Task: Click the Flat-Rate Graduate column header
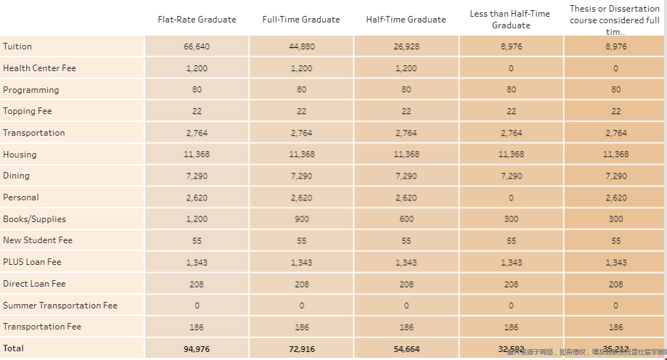pos(197,20)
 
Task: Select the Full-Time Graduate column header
pos(301,20)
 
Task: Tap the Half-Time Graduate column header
pos(406,20)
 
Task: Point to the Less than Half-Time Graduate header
pos(511,20)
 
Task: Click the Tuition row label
pos(17,46)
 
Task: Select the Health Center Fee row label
pos(39,68)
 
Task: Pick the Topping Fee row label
pos(28,111)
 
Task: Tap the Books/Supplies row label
pos(34,219)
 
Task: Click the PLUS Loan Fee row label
pos(32,262)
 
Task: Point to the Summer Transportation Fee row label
pos(60,306)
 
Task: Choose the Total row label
pos(14,348)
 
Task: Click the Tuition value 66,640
pos(197,46)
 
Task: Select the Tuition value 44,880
pos(301,46)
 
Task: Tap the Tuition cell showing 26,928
pos(406,46)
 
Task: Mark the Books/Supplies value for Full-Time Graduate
pos(301,219)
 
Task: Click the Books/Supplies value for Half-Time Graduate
pos(406,219)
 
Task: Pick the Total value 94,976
pos(197,349)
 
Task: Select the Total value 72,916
pos(301,349)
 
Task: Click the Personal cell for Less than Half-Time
pos(511,197)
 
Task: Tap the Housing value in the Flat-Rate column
pos(197,155)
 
